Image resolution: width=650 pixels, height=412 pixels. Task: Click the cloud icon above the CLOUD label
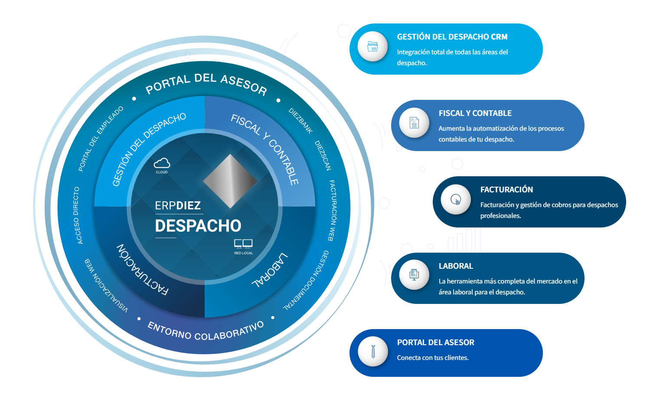162,163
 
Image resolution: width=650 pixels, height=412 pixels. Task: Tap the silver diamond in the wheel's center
230,181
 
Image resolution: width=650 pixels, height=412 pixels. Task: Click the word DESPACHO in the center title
198,226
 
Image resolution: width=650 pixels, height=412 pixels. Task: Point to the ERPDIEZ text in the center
178,205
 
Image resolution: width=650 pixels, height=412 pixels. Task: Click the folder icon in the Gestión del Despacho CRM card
372,46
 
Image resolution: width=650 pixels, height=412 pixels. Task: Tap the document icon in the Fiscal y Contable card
414,123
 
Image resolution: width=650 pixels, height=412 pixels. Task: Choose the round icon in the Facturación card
456,200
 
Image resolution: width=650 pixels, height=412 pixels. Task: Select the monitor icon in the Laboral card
414,274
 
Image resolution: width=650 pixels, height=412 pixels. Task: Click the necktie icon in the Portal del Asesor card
373,351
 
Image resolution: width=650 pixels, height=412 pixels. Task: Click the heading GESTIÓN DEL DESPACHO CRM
452,37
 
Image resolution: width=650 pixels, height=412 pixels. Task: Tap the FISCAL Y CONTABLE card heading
475,113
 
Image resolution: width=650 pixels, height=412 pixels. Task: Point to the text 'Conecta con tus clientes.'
433,358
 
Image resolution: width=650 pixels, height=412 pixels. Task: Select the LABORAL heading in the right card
456,266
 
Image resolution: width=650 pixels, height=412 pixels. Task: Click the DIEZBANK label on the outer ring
301,121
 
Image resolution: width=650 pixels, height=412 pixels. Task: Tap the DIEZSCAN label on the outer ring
323,155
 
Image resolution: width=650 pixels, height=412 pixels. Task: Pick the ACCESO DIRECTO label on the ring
77,215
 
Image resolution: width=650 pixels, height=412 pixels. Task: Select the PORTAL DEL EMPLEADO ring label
101,138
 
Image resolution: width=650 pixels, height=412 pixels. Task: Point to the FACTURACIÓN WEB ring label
332,211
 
